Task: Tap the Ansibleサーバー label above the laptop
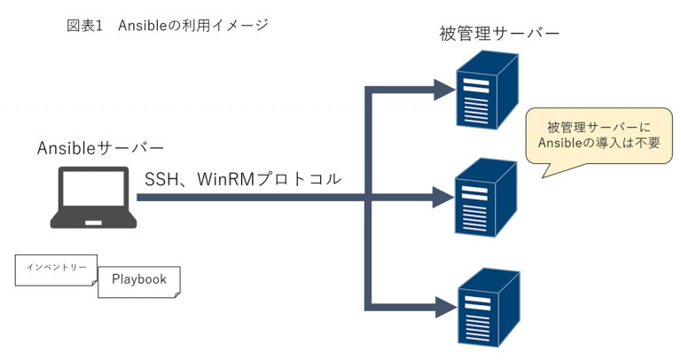pos(100,148)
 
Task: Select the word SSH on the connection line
pos(161,178)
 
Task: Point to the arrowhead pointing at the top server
pos(441,89)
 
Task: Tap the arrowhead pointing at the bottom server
pos(441,307)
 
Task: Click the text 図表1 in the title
pos(86,26)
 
